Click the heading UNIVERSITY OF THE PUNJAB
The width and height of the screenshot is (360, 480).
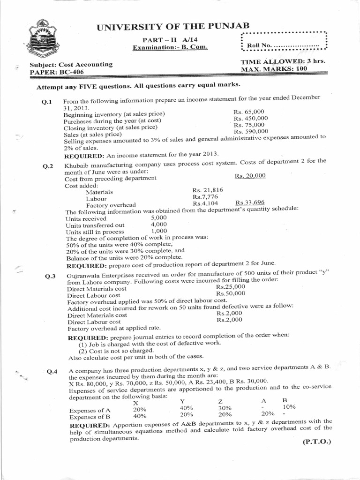[173, 26]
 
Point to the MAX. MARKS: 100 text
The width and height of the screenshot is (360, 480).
[277, 68]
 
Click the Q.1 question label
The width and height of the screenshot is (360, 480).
[47, 102]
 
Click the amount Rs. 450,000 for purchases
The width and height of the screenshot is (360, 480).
[250, 119]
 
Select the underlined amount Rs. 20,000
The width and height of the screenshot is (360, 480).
[250, 175]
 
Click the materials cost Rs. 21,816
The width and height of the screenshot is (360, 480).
[208, 190]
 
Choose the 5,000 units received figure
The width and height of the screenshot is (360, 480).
[159, 218]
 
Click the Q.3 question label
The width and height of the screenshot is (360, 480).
[51, 276]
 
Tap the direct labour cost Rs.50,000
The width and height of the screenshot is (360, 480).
[231, 293]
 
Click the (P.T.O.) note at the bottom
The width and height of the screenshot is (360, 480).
[317, 441]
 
